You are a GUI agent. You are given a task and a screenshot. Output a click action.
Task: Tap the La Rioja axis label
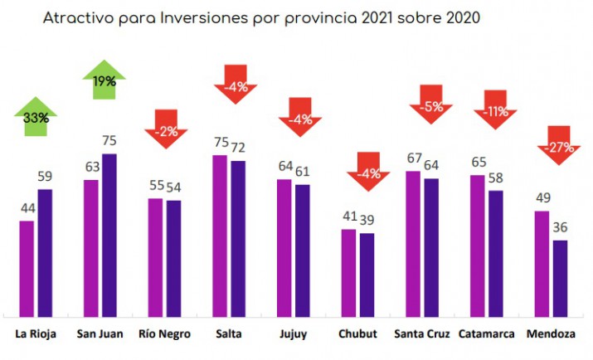(x=36, y=334)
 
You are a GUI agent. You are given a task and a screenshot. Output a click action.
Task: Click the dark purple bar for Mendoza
(x=561, y=277)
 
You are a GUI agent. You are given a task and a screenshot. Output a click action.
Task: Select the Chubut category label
(x=357, y=334)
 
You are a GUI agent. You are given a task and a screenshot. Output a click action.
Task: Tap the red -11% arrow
(x=495, y=109)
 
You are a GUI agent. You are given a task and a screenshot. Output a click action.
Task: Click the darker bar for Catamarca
(x=496, y=252)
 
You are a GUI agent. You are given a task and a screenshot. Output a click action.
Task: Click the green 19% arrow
(x=104, y=81)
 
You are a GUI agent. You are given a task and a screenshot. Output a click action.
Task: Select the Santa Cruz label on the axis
(x=422, y=334)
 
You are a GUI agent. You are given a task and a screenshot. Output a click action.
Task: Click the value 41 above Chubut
(x=349, y=216)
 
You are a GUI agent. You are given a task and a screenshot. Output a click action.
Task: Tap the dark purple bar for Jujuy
(x=303, y=249)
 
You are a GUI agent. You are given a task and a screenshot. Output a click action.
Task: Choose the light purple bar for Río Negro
(x=155, y=256)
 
